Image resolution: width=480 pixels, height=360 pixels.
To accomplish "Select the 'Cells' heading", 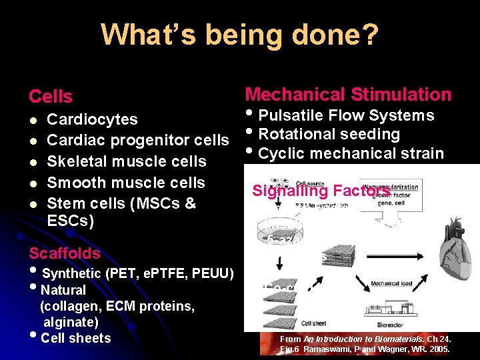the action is coord(50,97).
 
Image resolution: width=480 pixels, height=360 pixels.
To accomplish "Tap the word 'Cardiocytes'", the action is coord(92,119).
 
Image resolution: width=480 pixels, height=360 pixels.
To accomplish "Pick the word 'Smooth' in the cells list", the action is coord(73,182).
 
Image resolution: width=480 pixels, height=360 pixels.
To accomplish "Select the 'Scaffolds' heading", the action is coord(64,253).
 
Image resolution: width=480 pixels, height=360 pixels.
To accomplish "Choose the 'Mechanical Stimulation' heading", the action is coord(348,95).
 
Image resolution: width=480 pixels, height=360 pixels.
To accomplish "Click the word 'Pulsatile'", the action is coord(292,115).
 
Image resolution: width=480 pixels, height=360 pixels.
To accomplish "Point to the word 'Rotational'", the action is coord(296,134).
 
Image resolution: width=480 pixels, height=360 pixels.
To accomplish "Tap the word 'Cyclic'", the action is coord(280,153).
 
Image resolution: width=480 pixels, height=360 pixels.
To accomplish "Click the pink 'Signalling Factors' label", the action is coord(321,191).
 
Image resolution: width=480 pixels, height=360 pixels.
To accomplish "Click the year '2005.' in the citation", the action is coord(438,349).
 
